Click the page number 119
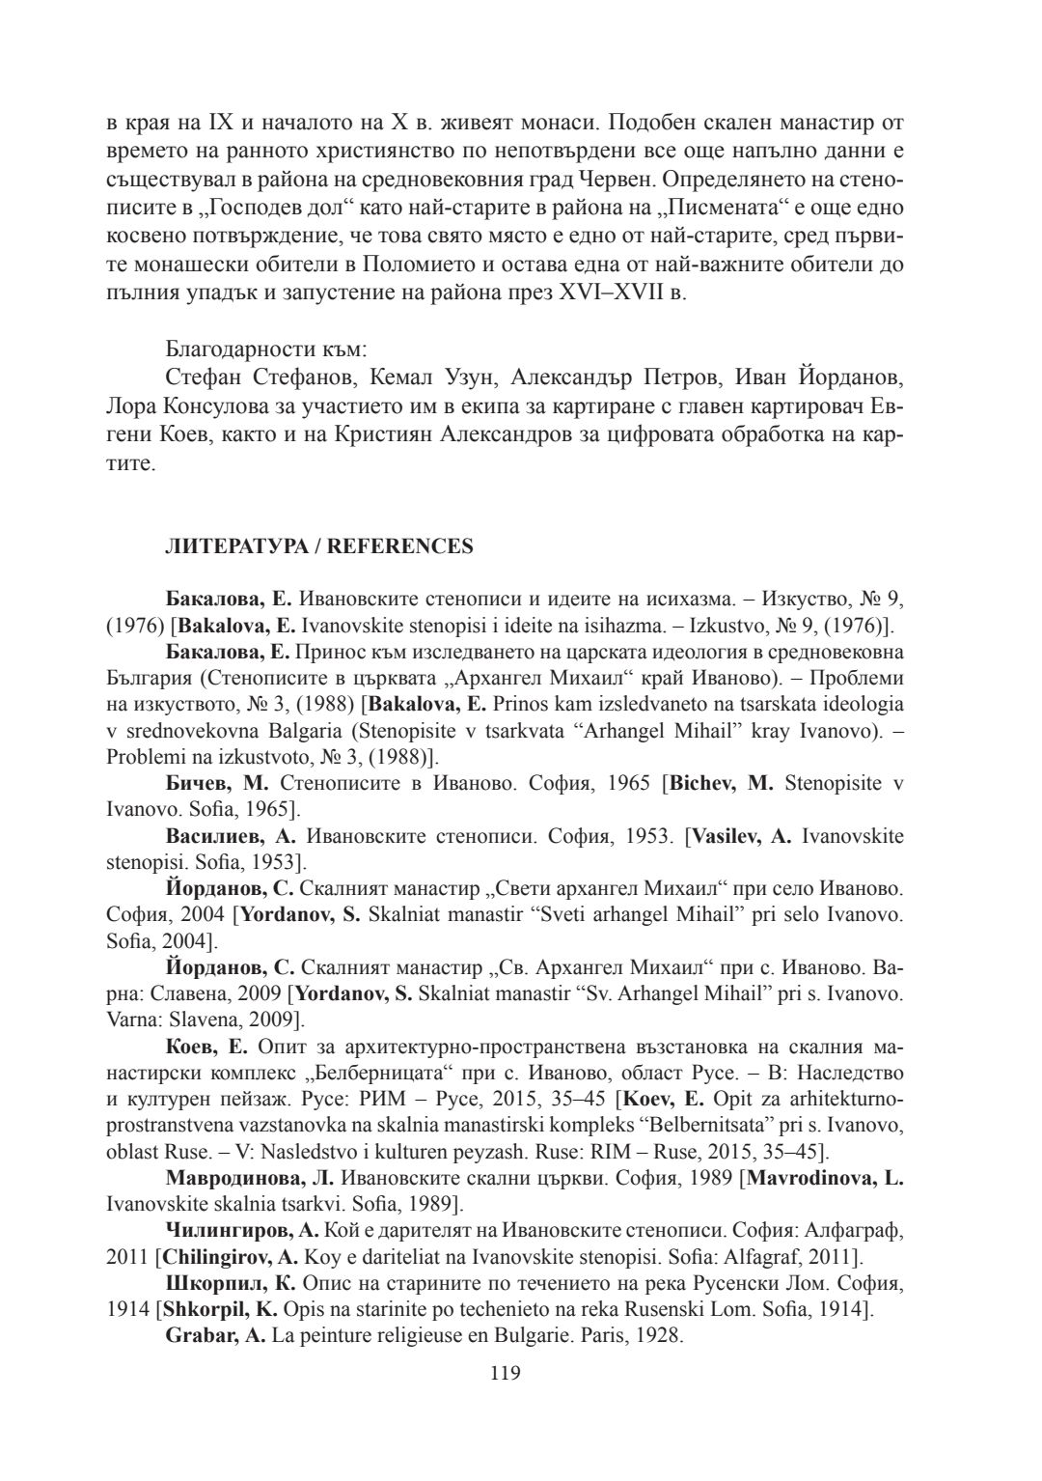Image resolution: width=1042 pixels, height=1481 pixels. pyautogui.click(x=506, y=1373)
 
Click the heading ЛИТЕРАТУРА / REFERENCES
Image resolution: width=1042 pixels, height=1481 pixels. pyautogui.click(x=318, y=546)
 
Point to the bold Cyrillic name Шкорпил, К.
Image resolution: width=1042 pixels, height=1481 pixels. pyautogui.click(x=231, y=1283)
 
